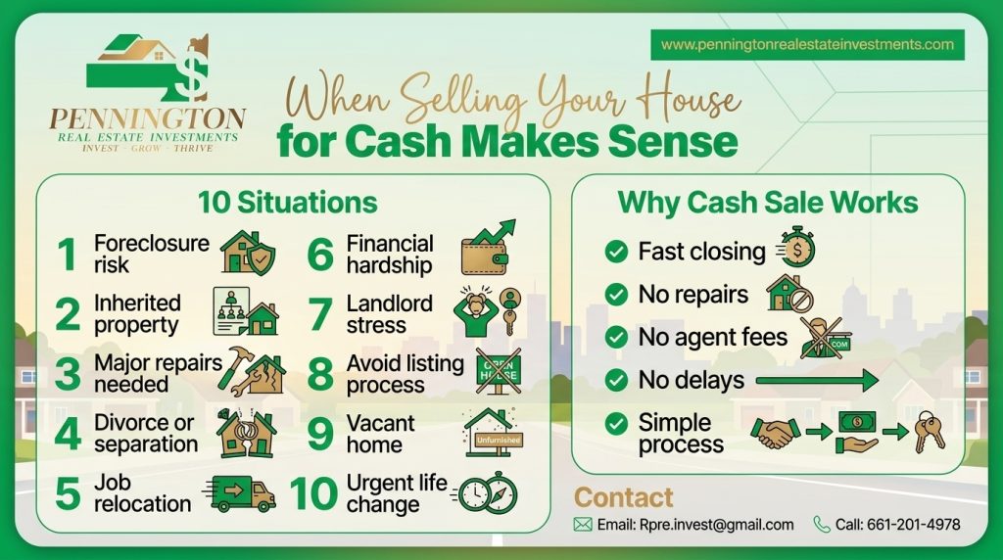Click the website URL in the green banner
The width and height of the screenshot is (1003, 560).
807,44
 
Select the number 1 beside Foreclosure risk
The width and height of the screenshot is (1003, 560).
67,255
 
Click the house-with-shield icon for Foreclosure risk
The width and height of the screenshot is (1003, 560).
248,253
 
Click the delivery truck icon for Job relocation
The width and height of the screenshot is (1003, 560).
240,492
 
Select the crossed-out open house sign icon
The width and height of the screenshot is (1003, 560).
499,372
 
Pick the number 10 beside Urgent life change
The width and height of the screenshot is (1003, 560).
313,493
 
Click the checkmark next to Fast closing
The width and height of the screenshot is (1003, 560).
616,252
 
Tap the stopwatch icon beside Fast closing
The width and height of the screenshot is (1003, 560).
796,249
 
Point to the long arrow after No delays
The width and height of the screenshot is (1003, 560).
817,380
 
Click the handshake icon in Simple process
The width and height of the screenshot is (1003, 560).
775,433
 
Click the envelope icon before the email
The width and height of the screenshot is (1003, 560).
583,525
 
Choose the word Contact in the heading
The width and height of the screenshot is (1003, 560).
624,497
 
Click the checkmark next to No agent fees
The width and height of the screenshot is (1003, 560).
616,337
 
